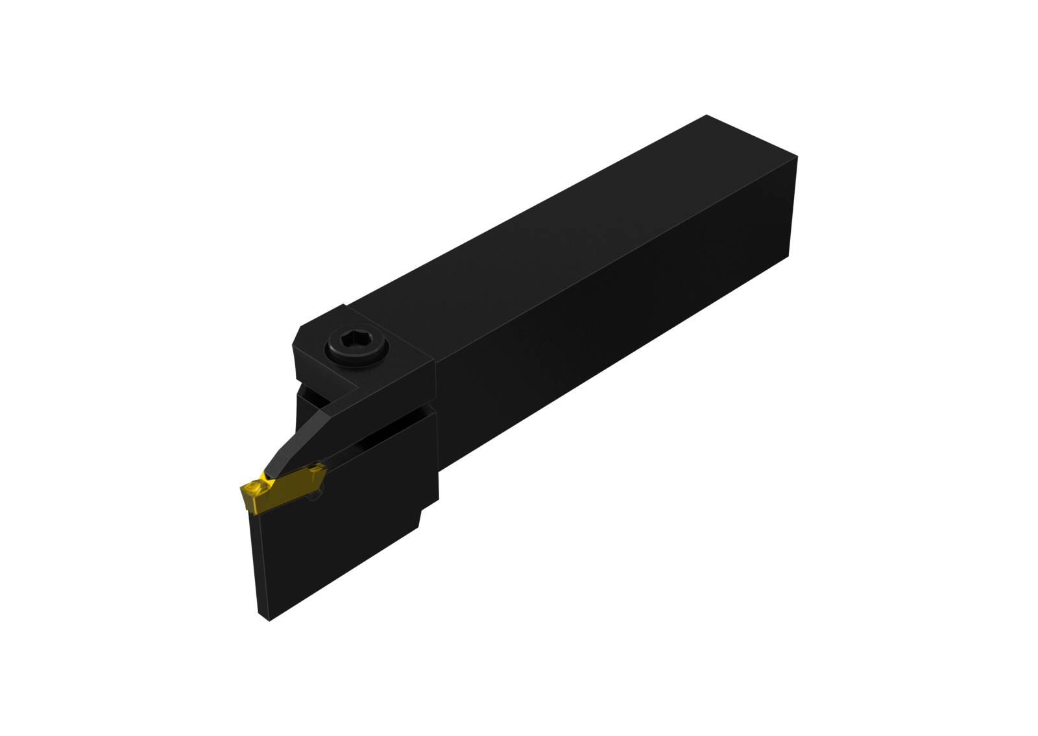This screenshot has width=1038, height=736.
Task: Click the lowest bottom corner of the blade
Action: click(269, 619)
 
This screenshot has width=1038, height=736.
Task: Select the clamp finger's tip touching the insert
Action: click(269, 473)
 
